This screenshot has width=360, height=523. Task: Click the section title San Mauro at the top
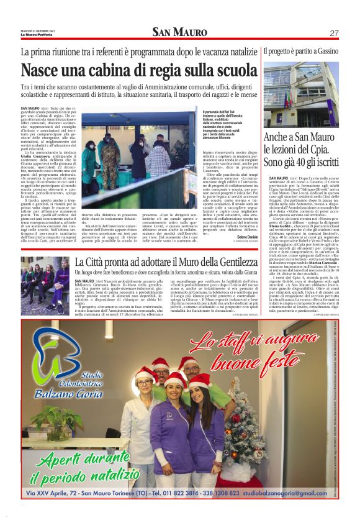click(x=180, y=32)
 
